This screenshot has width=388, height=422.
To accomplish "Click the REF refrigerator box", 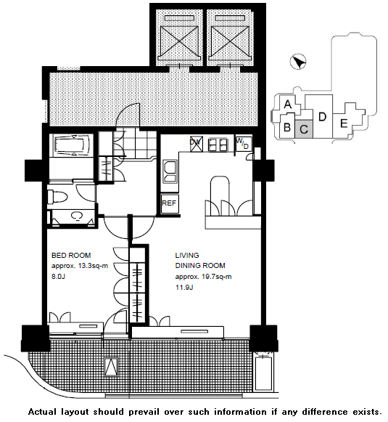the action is [x=170, y=203].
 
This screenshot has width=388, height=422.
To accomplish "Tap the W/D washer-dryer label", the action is [x=244, y=143].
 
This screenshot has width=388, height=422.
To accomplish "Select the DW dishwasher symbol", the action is [x=196, y=144].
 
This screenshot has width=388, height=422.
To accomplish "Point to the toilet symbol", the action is [x=57, y=197].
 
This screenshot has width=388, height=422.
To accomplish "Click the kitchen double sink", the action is [x=170, y=171].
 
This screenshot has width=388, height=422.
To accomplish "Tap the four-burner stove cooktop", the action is [x=218, y=145].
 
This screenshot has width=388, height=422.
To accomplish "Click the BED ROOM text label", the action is [x=71, y=255].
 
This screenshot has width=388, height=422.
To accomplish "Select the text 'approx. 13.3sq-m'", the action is [x=80, y=266].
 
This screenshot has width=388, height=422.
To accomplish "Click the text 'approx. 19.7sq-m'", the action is [x=203, y=277].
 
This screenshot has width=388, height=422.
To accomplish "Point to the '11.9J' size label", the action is [x=184, y=288].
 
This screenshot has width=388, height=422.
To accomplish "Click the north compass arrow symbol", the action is [x=298, y=62].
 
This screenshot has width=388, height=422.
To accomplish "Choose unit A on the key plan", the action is [x=288, y=104].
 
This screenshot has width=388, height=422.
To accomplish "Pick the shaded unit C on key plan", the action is [x=304, y=129].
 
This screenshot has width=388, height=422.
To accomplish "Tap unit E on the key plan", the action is [x=344, y=123].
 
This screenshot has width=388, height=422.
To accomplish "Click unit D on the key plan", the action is [x=322, y=117].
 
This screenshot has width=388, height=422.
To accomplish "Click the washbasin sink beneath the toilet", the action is [x=77, y=216].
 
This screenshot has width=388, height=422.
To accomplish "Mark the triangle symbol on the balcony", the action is [x=111, y=367].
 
